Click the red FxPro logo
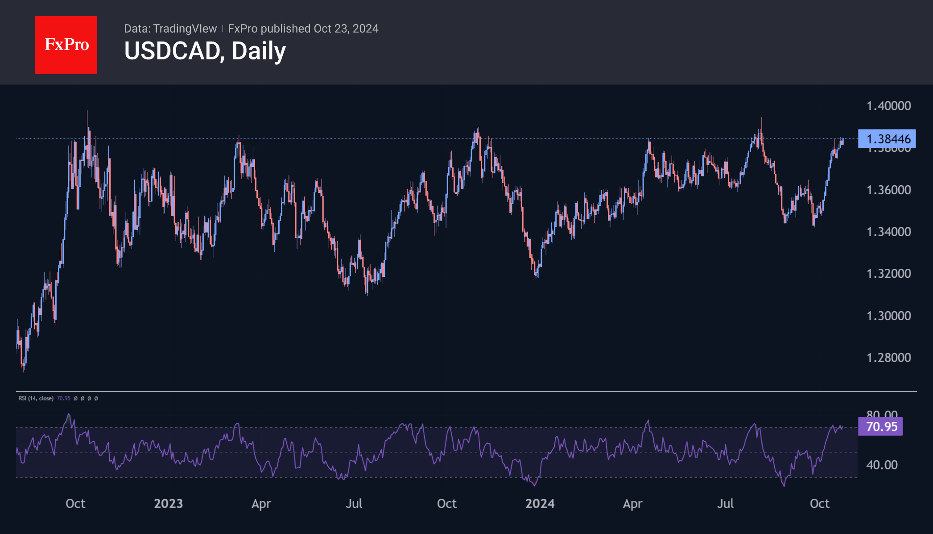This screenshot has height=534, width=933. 66,45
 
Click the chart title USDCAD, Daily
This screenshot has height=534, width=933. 205,51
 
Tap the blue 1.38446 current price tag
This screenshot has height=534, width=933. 887,139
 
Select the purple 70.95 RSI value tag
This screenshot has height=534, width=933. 880,426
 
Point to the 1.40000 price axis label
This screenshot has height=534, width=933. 888,106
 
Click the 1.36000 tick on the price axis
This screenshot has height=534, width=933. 888,190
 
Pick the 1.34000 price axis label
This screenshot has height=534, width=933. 888,232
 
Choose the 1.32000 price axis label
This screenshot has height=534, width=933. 888,273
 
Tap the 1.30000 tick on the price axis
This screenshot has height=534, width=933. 888,316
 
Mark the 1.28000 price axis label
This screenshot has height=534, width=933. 888,358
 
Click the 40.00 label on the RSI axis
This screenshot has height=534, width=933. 882,465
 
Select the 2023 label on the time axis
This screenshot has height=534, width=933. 168,504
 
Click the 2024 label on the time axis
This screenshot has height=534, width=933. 540,504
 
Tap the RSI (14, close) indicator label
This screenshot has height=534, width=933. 36,398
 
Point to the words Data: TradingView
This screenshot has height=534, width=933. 170,29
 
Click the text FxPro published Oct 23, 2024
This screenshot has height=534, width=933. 303,29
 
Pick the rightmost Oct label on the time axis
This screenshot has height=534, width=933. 819,504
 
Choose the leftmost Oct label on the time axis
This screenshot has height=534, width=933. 75,504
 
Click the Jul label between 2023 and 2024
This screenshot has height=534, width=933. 354,504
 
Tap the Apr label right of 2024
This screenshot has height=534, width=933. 632,504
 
